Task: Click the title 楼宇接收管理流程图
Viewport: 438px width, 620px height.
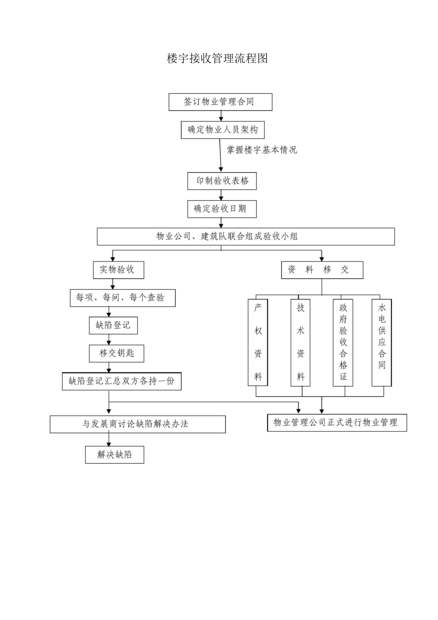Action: point(217,59)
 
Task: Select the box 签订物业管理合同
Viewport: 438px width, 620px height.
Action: point(220,102)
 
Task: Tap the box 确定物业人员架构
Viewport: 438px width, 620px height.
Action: point(223,130)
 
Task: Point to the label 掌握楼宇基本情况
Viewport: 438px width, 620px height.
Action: point(262,150)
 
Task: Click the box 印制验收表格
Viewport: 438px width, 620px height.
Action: point(222,181)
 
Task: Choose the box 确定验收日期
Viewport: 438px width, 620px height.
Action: point(222,209)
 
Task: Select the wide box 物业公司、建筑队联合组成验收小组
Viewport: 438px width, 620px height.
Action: point(246,237)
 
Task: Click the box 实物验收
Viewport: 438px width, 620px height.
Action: point(118,270)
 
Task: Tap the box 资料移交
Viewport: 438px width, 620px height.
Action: point(322,270)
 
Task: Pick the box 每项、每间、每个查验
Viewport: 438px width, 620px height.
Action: point(123,298)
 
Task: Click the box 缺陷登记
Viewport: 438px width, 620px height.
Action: point(113,326)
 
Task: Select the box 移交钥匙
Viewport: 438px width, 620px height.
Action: point(117,353)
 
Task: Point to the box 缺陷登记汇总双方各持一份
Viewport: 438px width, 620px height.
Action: point(122,382)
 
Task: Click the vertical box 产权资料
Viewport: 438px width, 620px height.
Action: point(258,343)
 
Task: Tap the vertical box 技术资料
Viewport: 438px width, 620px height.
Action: point(300,343)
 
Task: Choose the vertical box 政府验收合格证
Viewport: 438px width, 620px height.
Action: point(343,343)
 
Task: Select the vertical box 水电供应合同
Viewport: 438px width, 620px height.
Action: point(382,343)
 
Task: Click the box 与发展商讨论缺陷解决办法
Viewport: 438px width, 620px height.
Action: point(138,424)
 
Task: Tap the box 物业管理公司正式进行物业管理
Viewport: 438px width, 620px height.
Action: point(337,423)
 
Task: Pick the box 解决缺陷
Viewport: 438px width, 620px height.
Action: point(114,455)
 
